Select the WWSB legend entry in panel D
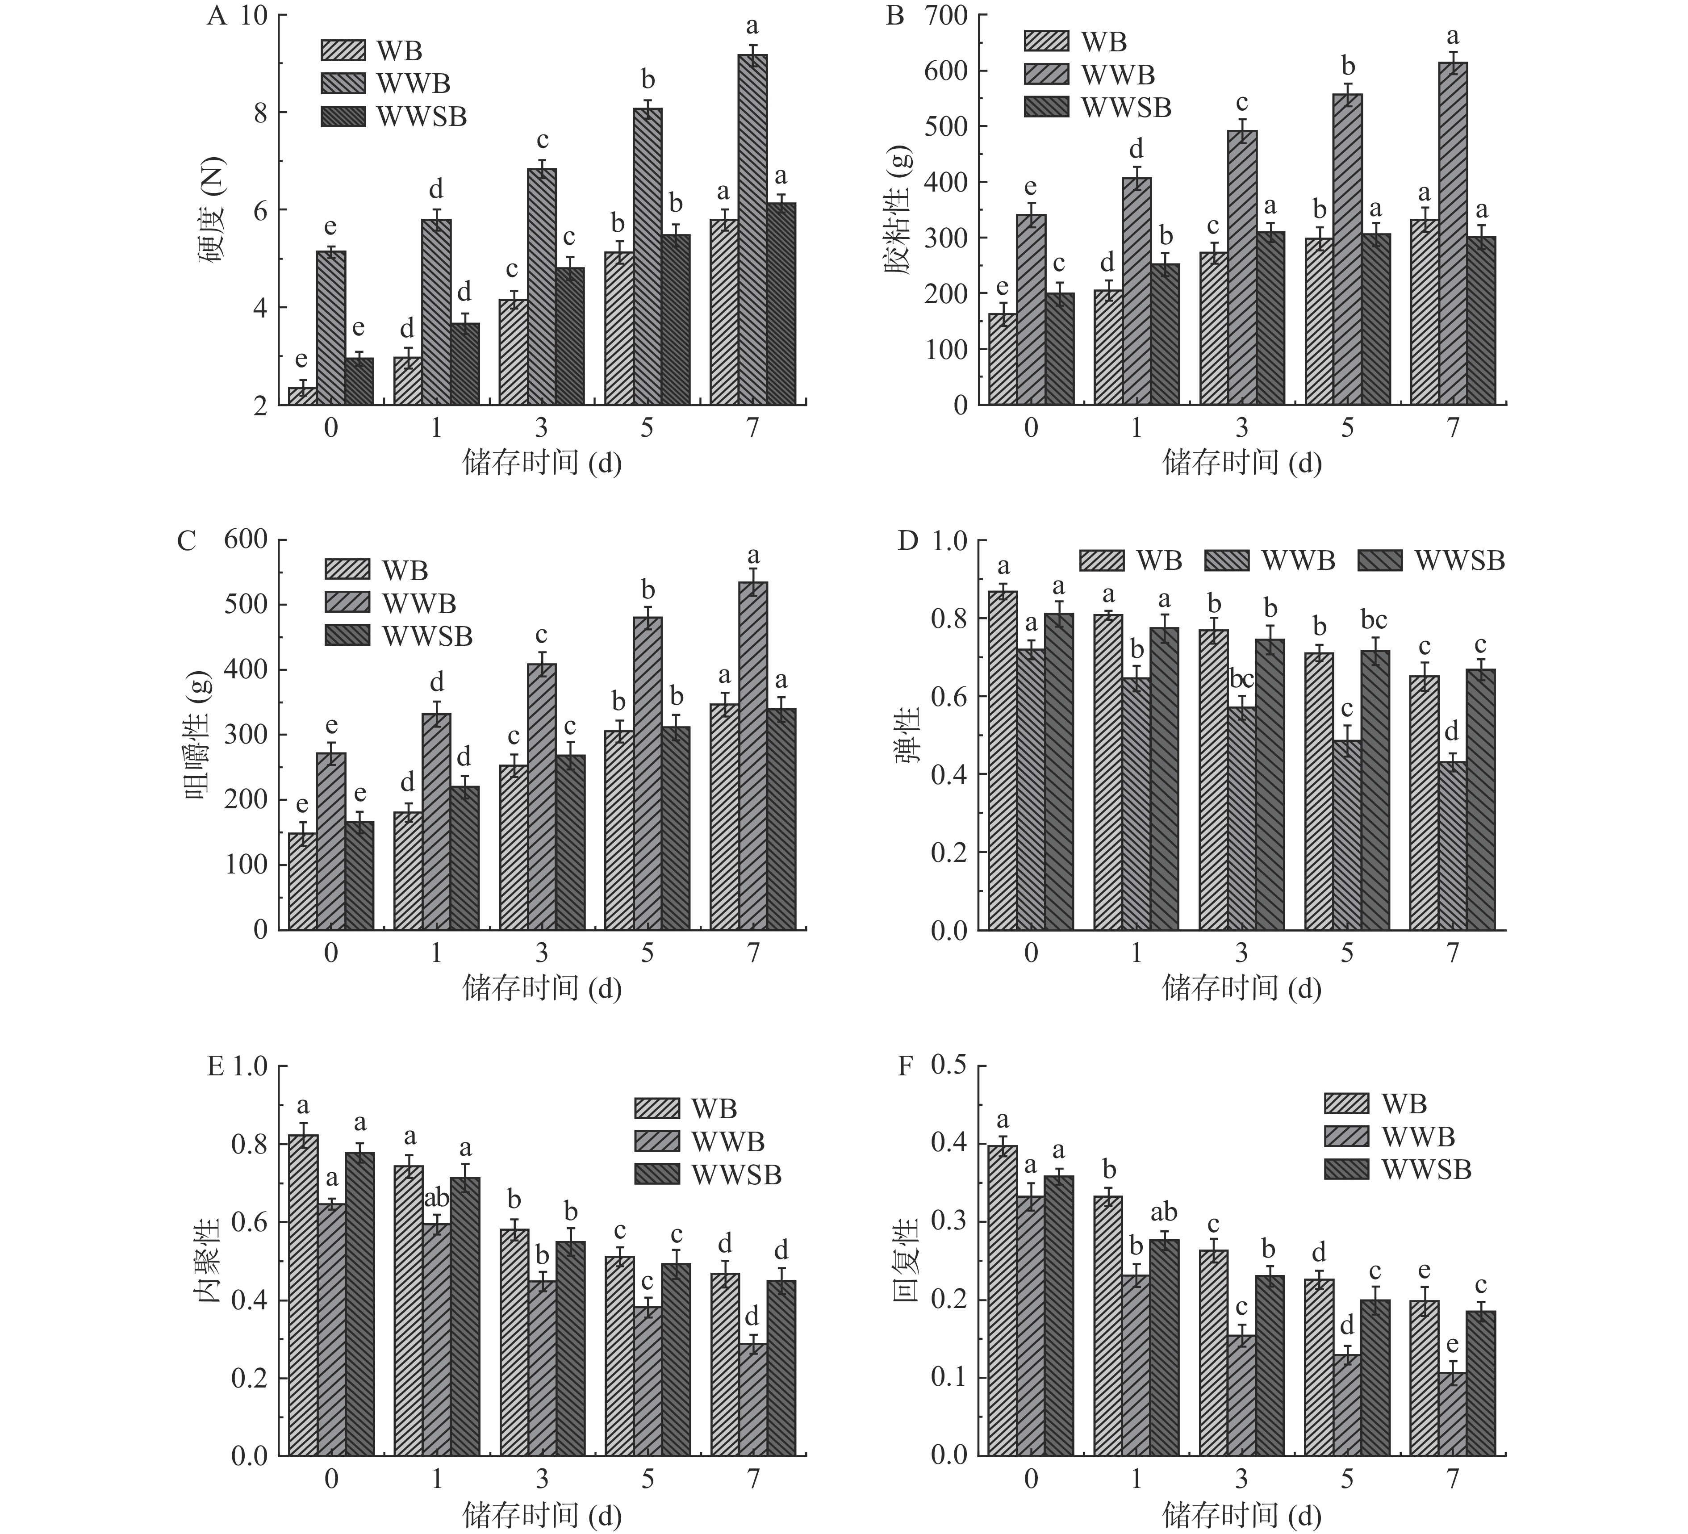[1430, 560]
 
